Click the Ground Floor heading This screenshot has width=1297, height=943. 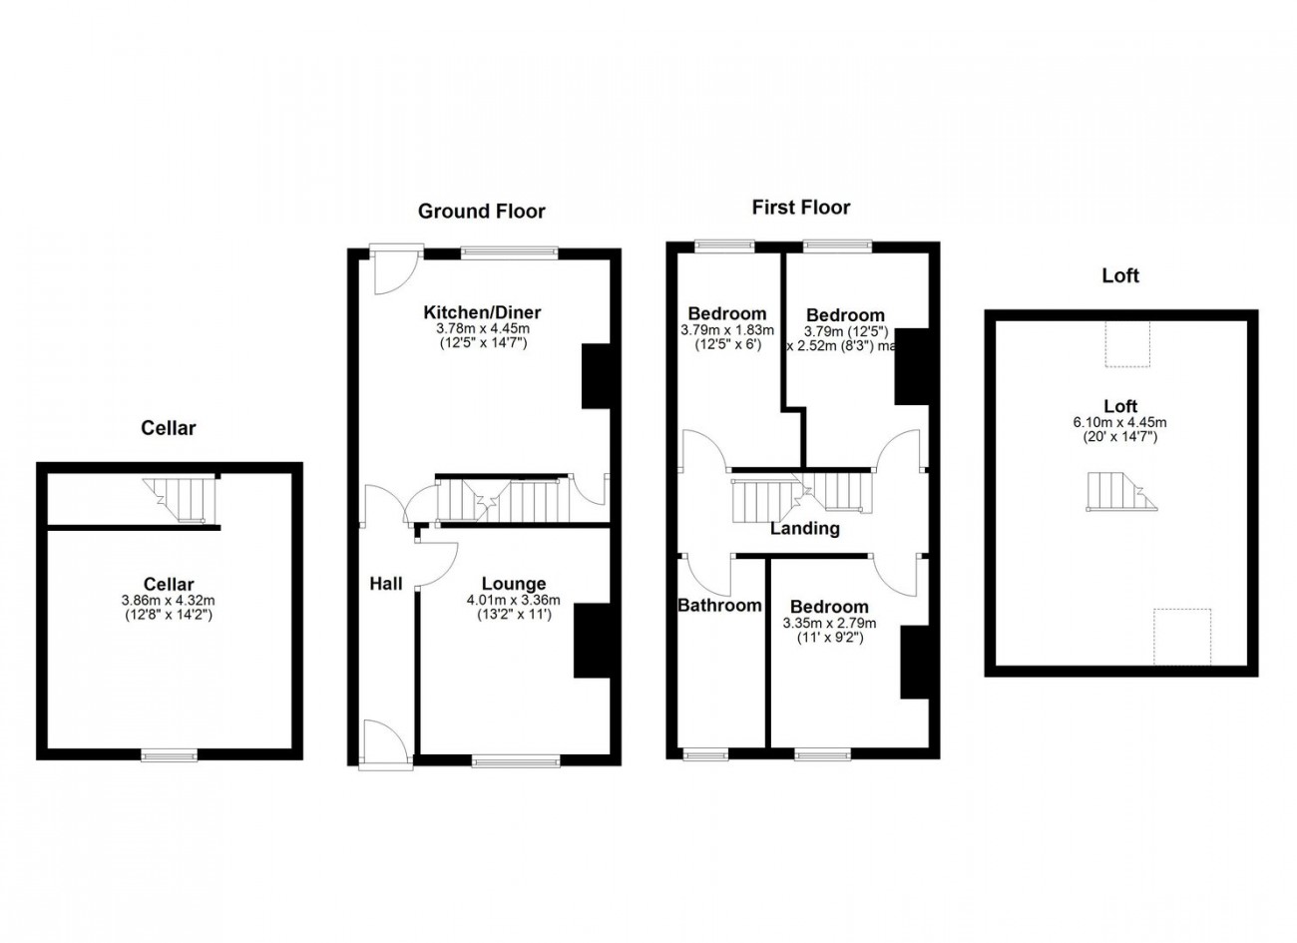click(481, 211)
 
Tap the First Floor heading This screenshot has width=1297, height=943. click(800, 208)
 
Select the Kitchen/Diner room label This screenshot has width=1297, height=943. click(482, 313)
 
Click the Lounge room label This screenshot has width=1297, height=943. click(513, 584)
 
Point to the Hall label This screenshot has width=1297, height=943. click(386, 584)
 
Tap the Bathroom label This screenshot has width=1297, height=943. click(719, 605)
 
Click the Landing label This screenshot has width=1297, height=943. click(804, 529)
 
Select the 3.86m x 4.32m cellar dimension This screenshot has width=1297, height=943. click(168, 601)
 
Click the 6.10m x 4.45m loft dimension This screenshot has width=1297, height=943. click(1119, 422)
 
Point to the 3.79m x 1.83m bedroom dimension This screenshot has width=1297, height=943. click(727, 330)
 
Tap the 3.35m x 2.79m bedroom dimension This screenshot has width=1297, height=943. click(829, 624)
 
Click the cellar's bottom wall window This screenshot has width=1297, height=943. click(169, 755)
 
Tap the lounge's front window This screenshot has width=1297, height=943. click(516, 761)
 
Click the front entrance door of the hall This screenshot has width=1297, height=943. click(385, 746)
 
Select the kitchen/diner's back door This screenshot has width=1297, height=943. click(392, 267)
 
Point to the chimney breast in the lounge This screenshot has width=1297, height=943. click(591, 641)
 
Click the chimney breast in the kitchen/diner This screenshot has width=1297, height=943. click(596, 376)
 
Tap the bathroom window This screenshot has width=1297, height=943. click(705, 754)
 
